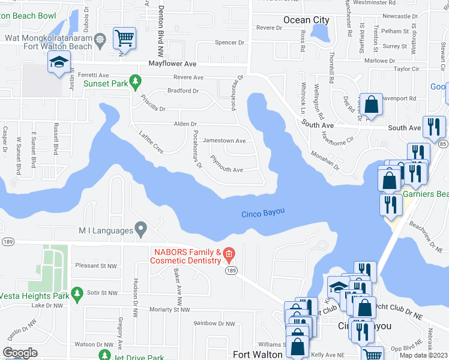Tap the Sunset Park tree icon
coord(136,80)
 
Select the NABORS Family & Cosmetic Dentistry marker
coord(229,256)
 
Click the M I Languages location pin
coord(141,229)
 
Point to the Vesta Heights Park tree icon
coord(76,293)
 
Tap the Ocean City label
coord(306,20)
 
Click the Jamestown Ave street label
coord(224,141)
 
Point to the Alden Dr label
coord(185,124)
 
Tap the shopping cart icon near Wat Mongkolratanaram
coord(124,38)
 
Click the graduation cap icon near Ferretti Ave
coord(59,62)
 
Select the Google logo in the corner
coord(20,352)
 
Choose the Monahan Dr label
coord(325,160)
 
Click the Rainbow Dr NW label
coord(214,323)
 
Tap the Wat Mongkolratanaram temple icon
coord(100,41)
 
